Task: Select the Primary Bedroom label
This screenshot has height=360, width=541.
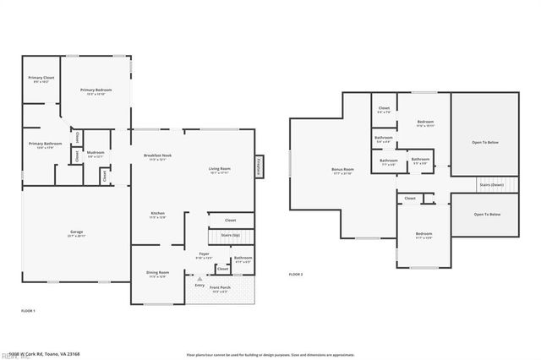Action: pos(96,91)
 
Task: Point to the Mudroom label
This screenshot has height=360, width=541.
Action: pos(95,154)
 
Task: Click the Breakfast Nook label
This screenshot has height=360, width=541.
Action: pos(157,157)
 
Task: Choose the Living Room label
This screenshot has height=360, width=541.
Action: pos(220,170)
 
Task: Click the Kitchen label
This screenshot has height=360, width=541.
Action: pos(158,215)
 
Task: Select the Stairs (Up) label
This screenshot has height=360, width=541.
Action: pos(230,235)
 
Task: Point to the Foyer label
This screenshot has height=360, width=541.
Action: pos(204,254)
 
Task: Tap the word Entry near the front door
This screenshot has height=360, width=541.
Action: pos(200,285)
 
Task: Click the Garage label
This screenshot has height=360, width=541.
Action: pos(76,232)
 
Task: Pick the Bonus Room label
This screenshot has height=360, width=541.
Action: pos(342,171)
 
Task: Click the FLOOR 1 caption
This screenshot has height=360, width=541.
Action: pos(28,312)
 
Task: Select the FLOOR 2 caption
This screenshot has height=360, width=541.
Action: pos(296,275)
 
